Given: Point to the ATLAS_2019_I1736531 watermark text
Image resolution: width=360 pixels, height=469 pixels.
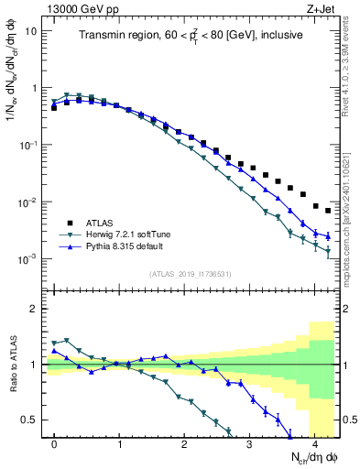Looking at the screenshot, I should (190, 274).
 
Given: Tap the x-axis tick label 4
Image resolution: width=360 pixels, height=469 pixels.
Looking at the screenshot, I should (314, 444).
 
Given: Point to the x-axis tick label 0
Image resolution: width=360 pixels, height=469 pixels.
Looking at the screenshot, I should (55, 444).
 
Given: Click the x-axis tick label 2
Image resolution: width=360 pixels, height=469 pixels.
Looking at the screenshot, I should (185, 444).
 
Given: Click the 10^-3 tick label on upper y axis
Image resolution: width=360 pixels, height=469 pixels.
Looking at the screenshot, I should (28, 259).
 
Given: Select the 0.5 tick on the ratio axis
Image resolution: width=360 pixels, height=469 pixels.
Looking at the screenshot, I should (30, 420).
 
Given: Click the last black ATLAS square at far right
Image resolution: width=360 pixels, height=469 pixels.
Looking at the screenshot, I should (328, 211).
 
